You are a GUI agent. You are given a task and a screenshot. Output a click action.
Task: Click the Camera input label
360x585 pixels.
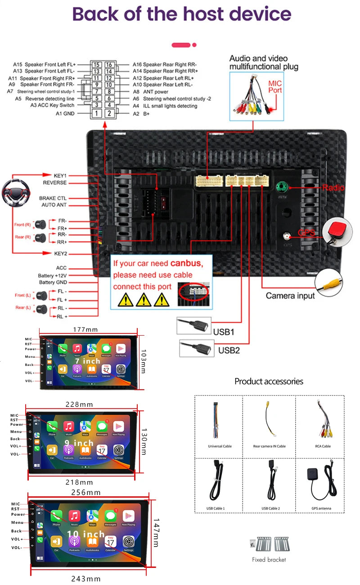pos(290,296)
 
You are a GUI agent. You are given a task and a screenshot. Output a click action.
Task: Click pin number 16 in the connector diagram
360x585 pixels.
pos(109,65)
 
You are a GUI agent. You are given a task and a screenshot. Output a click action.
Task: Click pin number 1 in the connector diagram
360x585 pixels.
pos(96,113)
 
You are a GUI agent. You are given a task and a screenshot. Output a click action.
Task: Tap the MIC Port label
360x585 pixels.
pos(275,87)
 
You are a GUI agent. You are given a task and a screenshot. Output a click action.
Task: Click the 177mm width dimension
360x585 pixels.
pos(85,330)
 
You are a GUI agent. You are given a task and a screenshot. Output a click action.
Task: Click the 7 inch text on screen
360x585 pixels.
pos(88,361)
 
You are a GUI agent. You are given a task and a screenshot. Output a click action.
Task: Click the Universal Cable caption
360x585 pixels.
pos(220,446)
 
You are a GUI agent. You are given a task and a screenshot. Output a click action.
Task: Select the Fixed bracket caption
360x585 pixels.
pos(269,560)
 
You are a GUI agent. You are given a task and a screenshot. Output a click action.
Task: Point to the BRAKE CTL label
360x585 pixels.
pos(53,198)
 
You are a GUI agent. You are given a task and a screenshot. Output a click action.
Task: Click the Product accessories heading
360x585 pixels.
pos(269,382)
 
